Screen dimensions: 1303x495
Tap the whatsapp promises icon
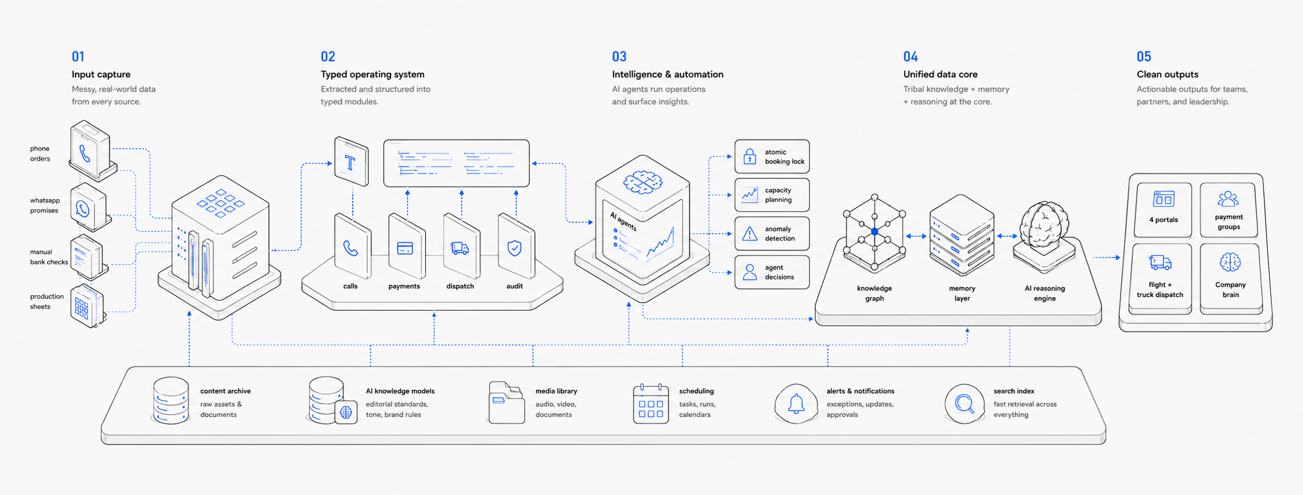[x=88, y=207]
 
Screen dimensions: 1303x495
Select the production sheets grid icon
[x=87, y=306]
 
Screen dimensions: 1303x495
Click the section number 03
[x=619, y=56]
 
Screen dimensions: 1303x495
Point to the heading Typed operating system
[x=373, y=74]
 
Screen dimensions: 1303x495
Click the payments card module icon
[x=406, y=247]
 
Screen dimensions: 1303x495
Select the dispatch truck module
[x=461, y=247]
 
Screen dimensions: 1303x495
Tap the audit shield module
[x=515, y=247]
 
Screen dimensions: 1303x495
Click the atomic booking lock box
[x=772, y=156]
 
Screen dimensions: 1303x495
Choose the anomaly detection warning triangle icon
[x=750, y=234]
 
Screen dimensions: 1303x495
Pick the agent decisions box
[x=772, y=272]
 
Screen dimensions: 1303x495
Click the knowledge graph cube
[x=875, y=232]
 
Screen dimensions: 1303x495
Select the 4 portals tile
[x=1163, y=209]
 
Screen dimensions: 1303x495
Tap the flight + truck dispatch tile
[x=1160, y=277]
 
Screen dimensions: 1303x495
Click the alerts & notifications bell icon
[x=796, y=403]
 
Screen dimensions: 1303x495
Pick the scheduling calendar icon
[x=651, y=403]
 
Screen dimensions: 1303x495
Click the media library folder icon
[x=506, y=402]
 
